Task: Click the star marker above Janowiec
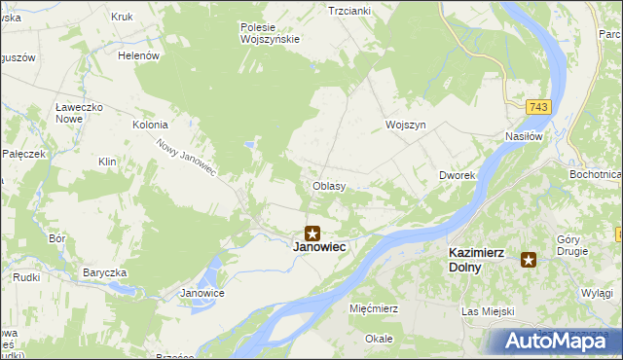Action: (x=312, y=233)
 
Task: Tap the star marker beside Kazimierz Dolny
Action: (x=529, y=259)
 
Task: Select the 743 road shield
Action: (x=539, y=105)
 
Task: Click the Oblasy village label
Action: (x=329, y=185)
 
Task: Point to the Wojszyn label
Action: (x=406, y=126)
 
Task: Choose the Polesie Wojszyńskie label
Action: (x=270, y=33)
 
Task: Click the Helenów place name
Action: (x=138, y=56)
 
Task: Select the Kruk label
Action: (x=122, y=18)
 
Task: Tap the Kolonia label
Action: (x=151, y=126)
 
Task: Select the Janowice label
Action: (x=203, y=293)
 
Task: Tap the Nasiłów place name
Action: (x=523, y=137)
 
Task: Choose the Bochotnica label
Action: (x=596, y=174)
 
